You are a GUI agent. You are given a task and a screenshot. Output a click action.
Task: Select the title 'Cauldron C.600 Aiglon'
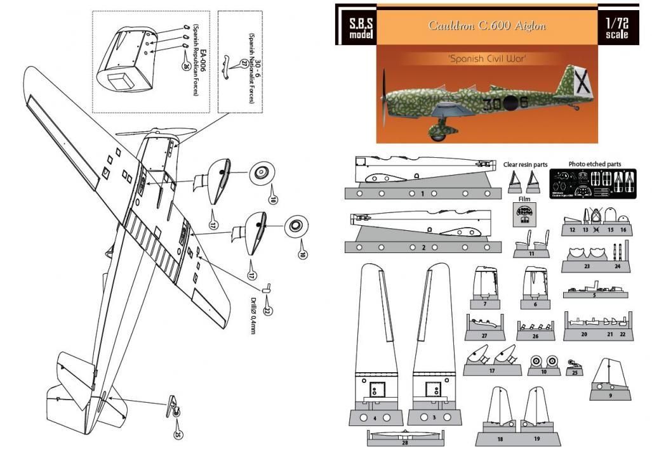click(486, 25)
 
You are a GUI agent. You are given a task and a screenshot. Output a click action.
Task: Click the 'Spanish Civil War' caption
click(487, 58)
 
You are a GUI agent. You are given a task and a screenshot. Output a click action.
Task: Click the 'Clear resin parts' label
click(525, 164)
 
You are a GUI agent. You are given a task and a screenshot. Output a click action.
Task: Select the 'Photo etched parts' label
click(594, 164)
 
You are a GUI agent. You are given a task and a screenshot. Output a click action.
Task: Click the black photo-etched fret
click(593, 184)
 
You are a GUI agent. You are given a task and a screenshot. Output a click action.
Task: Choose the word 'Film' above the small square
click(524, 198)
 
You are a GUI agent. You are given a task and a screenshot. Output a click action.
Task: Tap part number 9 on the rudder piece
click(610, 394)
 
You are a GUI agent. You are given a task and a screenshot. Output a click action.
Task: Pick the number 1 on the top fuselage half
click(422, 193)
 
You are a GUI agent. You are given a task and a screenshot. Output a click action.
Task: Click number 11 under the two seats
click(531, 254)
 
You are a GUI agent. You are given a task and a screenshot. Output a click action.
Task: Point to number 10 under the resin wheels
click(543, 372)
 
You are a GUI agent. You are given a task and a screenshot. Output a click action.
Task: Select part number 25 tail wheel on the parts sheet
click(575, 372)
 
